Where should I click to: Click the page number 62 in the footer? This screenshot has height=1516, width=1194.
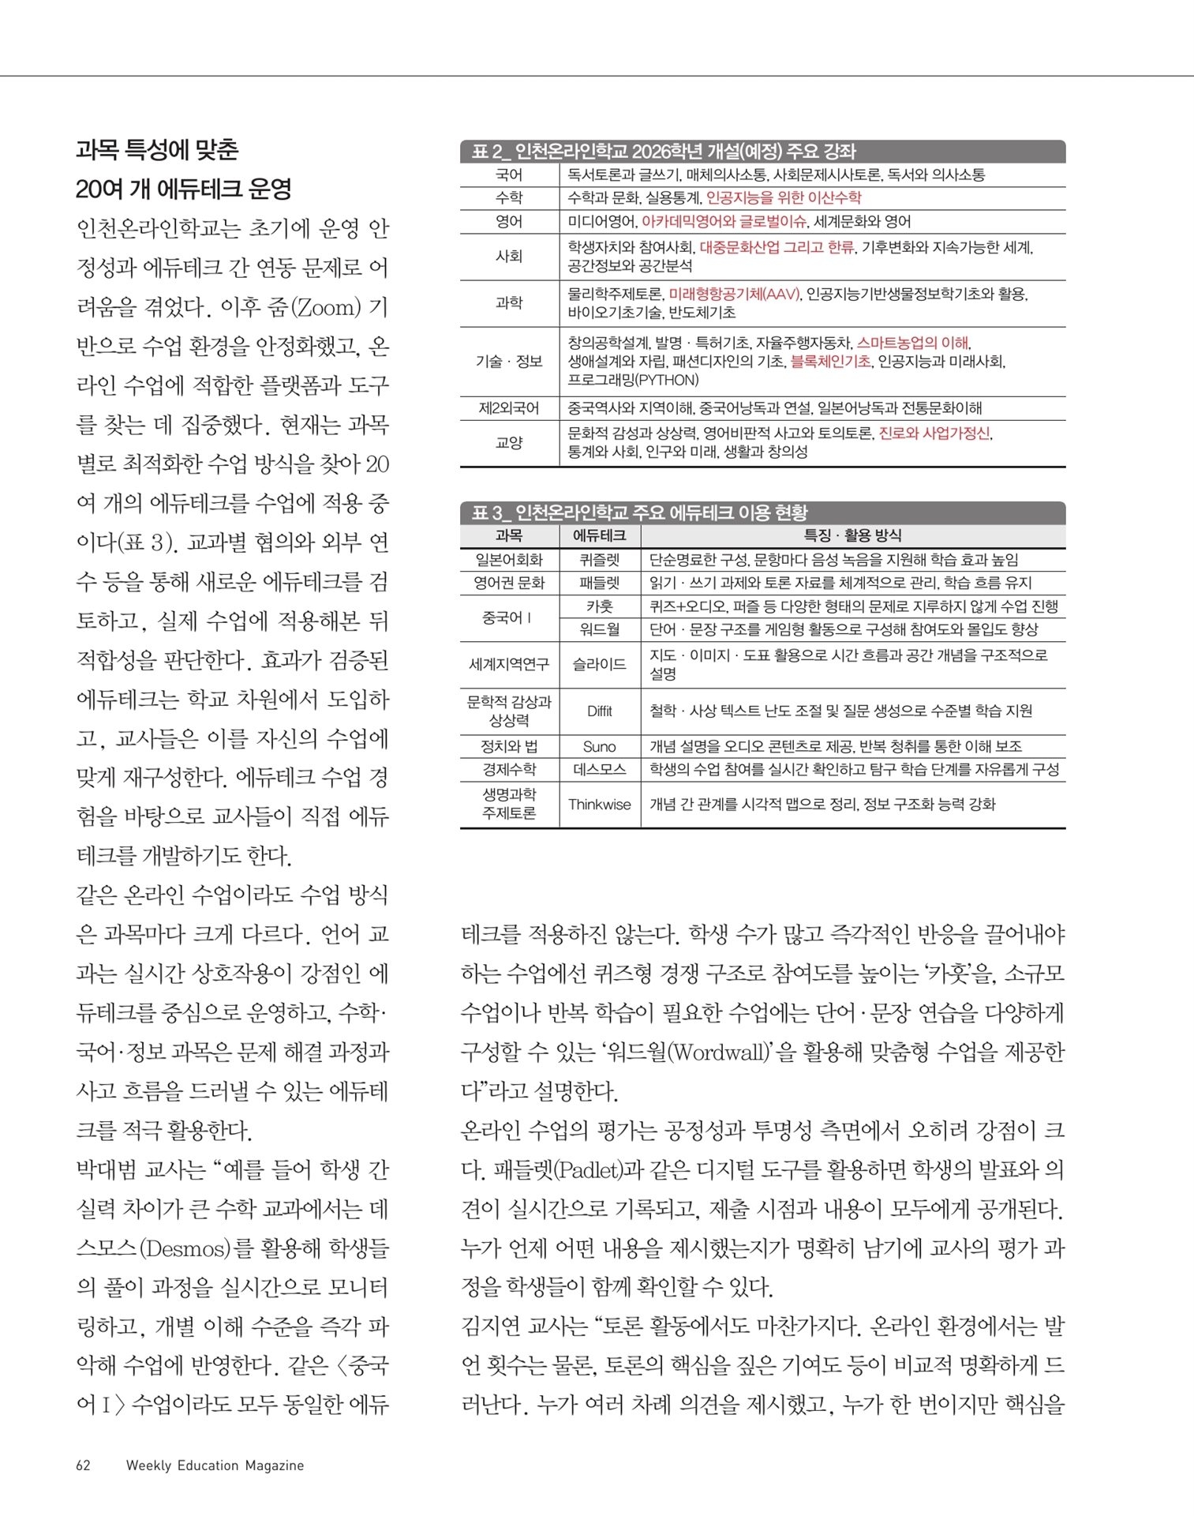pos(83,1465)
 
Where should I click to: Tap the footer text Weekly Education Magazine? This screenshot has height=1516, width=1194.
pos(215,1465)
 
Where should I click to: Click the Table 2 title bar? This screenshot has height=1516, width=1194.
pos(762,152)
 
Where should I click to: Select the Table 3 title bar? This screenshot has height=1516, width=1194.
pos(762,513)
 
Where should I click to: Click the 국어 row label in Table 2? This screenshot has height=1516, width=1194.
pos(509,174)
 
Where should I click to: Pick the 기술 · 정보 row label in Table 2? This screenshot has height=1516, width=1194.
pos(509,362)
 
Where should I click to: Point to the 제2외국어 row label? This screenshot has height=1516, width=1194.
pos(509,408)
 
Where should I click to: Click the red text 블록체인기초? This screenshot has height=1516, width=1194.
pos(831,362)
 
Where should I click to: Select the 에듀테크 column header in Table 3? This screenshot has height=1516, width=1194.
pos(600,535)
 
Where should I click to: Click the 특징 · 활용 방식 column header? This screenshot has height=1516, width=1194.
pos(852,535)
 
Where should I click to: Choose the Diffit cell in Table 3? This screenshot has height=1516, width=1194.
pos(600,711)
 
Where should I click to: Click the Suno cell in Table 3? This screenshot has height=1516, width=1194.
pos(600,747)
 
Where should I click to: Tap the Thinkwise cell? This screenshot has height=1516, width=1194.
pos(600,805)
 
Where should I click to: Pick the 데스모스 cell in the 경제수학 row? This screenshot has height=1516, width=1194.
pos(600,770)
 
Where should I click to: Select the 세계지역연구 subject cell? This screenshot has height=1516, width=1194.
pos(509,665)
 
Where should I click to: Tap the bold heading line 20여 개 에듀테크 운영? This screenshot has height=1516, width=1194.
pos(184,189)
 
